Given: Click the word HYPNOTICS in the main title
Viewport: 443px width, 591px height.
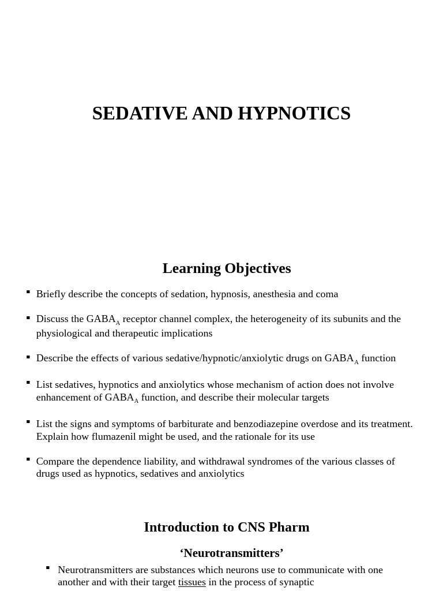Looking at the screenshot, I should pyautogui.click(x=294, y=113).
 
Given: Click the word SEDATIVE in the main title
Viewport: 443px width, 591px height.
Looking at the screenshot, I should pyautogui.click(x=140, y=113).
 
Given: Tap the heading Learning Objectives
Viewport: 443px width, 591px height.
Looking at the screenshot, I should pyautogui.click(x=227, y=268).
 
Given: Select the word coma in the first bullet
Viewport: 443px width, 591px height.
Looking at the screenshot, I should pyautogui.click(x=326, y=294).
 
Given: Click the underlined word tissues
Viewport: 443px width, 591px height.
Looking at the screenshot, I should pyautogui.click(x=192, y=582).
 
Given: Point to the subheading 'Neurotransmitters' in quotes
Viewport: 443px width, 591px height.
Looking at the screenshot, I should pyautogui.click(x=231, y=553).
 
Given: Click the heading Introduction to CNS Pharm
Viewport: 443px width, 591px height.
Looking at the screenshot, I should pyautogui.click(x=227, y=527).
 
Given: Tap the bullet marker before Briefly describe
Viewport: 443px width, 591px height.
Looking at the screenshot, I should pyautogui.click(x=28, y=292).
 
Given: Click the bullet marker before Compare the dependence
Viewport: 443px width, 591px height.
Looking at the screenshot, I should pyautogui.click(x=28, y=459).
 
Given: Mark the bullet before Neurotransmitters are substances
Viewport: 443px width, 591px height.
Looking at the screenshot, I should pyautogui.click(x=48, y=568).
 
